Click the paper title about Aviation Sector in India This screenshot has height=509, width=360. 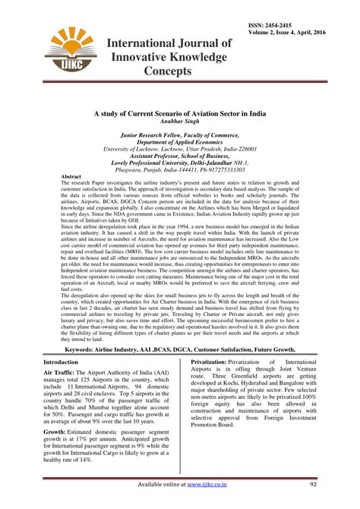pos(179,110)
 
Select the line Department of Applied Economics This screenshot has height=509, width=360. pos(179,141)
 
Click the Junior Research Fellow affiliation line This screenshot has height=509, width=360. pos(179,133)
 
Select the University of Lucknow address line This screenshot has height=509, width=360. pos(179,148)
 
